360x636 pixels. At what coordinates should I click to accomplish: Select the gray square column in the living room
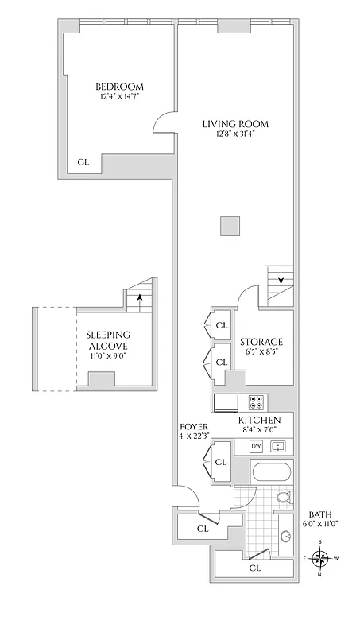pyautogui.click(x=230, y=226)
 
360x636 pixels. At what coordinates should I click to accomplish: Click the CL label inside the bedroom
pyautogui.click(x=83, y=162)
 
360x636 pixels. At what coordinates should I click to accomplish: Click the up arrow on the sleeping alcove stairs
pyautogui.click(x=140, y=298)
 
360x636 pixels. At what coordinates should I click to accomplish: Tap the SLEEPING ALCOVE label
pyautogui.click(x=108, y=340)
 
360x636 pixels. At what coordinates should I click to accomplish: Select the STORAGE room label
pyautogui.click(x=261, y=342)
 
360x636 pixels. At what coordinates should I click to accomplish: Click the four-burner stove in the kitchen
pyautogui.click(x=257, y=401)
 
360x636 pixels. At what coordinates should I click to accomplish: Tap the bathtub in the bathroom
pyautogui.click(x=270, y=475)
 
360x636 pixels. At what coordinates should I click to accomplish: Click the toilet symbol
pyautogui.click(x=281, y=498)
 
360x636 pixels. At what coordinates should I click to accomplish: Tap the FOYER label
pyautogui.click(x=194, y=426)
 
